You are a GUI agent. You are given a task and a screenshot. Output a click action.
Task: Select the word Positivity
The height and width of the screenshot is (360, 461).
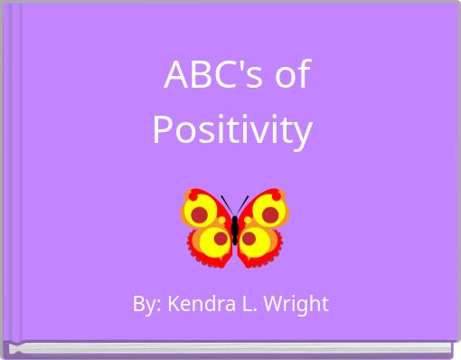232,130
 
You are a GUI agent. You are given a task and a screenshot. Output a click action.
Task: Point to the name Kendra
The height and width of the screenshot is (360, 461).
193,304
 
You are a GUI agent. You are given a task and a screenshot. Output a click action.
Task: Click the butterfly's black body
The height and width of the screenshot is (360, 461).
235,231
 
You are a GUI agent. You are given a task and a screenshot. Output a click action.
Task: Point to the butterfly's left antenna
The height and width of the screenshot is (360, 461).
226,204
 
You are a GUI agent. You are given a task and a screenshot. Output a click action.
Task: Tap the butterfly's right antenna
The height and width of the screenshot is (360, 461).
243,204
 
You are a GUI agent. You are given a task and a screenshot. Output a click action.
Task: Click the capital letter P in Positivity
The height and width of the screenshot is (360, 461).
163,130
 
